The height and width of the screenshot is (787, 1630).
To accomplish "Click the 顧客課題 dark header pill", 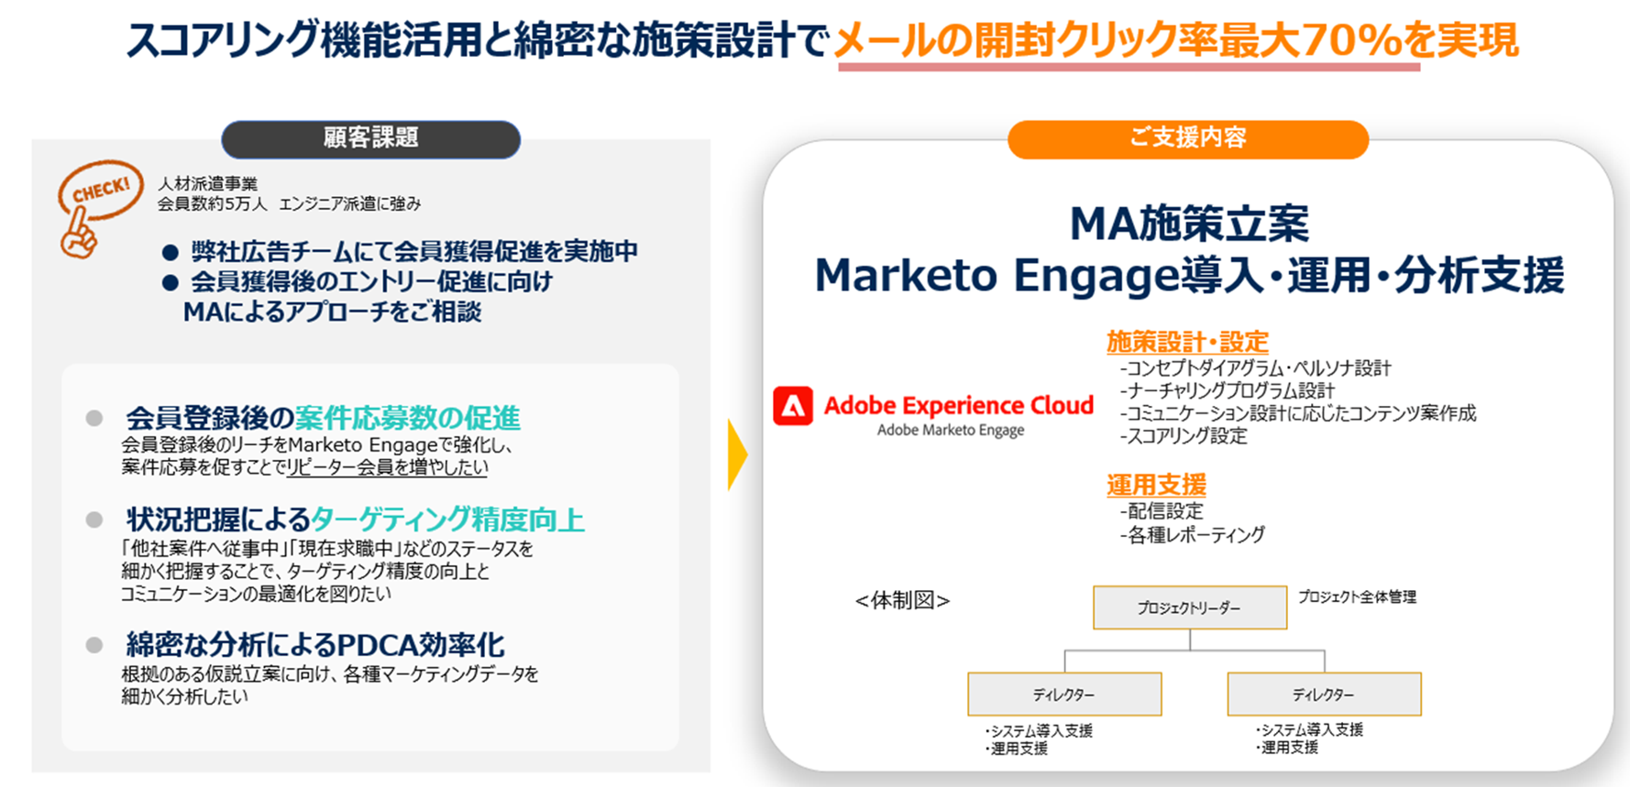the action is (371, 138).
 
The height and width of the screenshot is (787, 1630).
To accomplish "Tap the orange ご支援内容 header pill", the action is (1188, 138).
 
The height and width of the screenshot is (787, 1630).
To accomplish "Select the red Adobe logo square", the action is (793, 406).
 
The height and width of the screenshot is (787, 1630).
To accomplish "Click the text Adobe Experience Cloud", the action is (959, 405).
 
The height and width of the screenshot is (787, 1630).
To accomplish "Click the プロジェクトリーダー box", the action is (1190, 607).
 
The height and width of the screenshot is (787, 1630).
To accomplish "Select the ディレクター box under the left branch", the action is (1064, 694).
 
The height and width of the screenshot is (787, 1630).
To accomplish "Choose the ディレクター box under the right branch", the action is (1325, 694).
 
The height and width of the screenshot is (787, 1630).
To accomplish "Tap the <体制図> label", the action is (902, 600).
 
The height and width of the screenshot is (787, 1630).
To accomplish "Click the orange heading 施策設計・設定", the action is (1187, 342).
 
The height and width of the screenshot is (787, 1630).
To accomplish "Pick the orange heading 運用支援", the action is (1156, 485).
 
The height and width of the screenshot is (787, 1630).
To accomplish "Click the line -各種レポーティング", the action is (1192, 534).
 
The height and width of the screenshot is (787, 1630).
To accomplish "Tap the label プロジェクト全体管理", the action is (1358, 596).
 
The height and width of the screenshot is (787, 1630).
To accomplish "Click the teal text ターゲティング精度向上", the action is (447, 519).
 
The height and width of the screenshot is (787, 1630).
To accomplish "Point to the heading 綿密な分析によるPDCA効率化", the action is (315, 645).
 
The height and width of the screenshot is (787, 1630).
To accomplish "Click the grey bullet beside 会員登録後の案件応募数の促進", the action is (94, 419).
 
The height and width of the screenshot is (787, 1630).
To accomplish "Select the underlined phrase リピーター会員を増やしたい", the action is (387, 467).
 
